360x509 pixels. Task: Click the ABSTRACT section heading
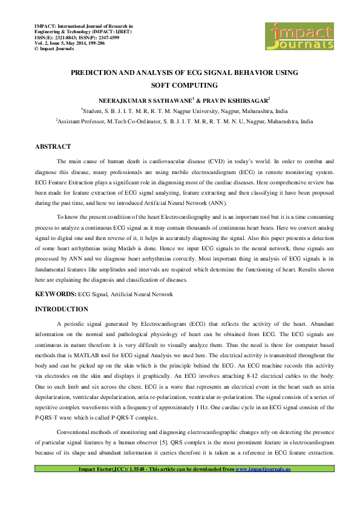tap(53, 147)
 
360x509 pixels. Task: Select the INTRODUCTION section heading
tap(62, 310)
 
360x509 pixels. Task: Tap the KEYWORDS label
tap(55, 294)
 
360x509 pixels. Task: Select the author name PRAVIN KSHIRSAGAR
tap(238, 99)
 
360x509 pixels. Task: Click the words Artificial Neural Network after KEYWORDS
tap(142, 294)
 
